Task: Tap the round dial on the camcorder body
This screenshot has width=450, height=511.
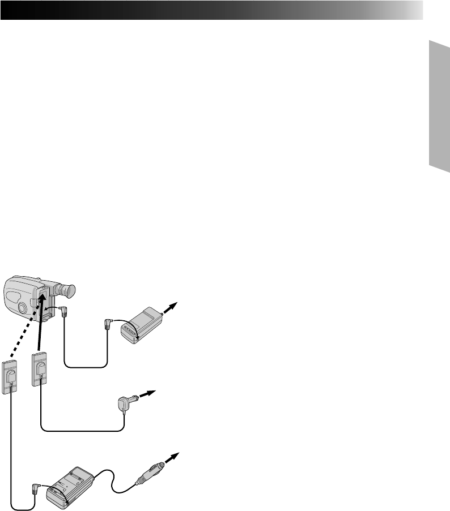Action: (x=20, y=308)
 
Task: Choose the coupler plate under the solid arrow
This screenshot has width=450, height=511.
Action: (x=39, y=369)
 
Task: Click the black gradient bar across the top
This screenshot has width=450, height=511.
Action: (x=212, y=10)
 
